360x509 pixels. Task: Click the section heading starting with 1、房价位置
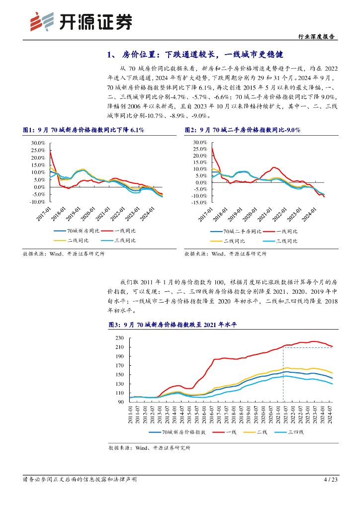198,55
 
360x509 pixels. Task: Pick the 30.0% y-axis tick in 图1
38,143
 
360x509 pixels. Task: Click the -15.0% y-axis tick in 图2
198,203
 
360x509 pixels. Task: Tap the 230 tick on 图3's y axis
119,339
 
